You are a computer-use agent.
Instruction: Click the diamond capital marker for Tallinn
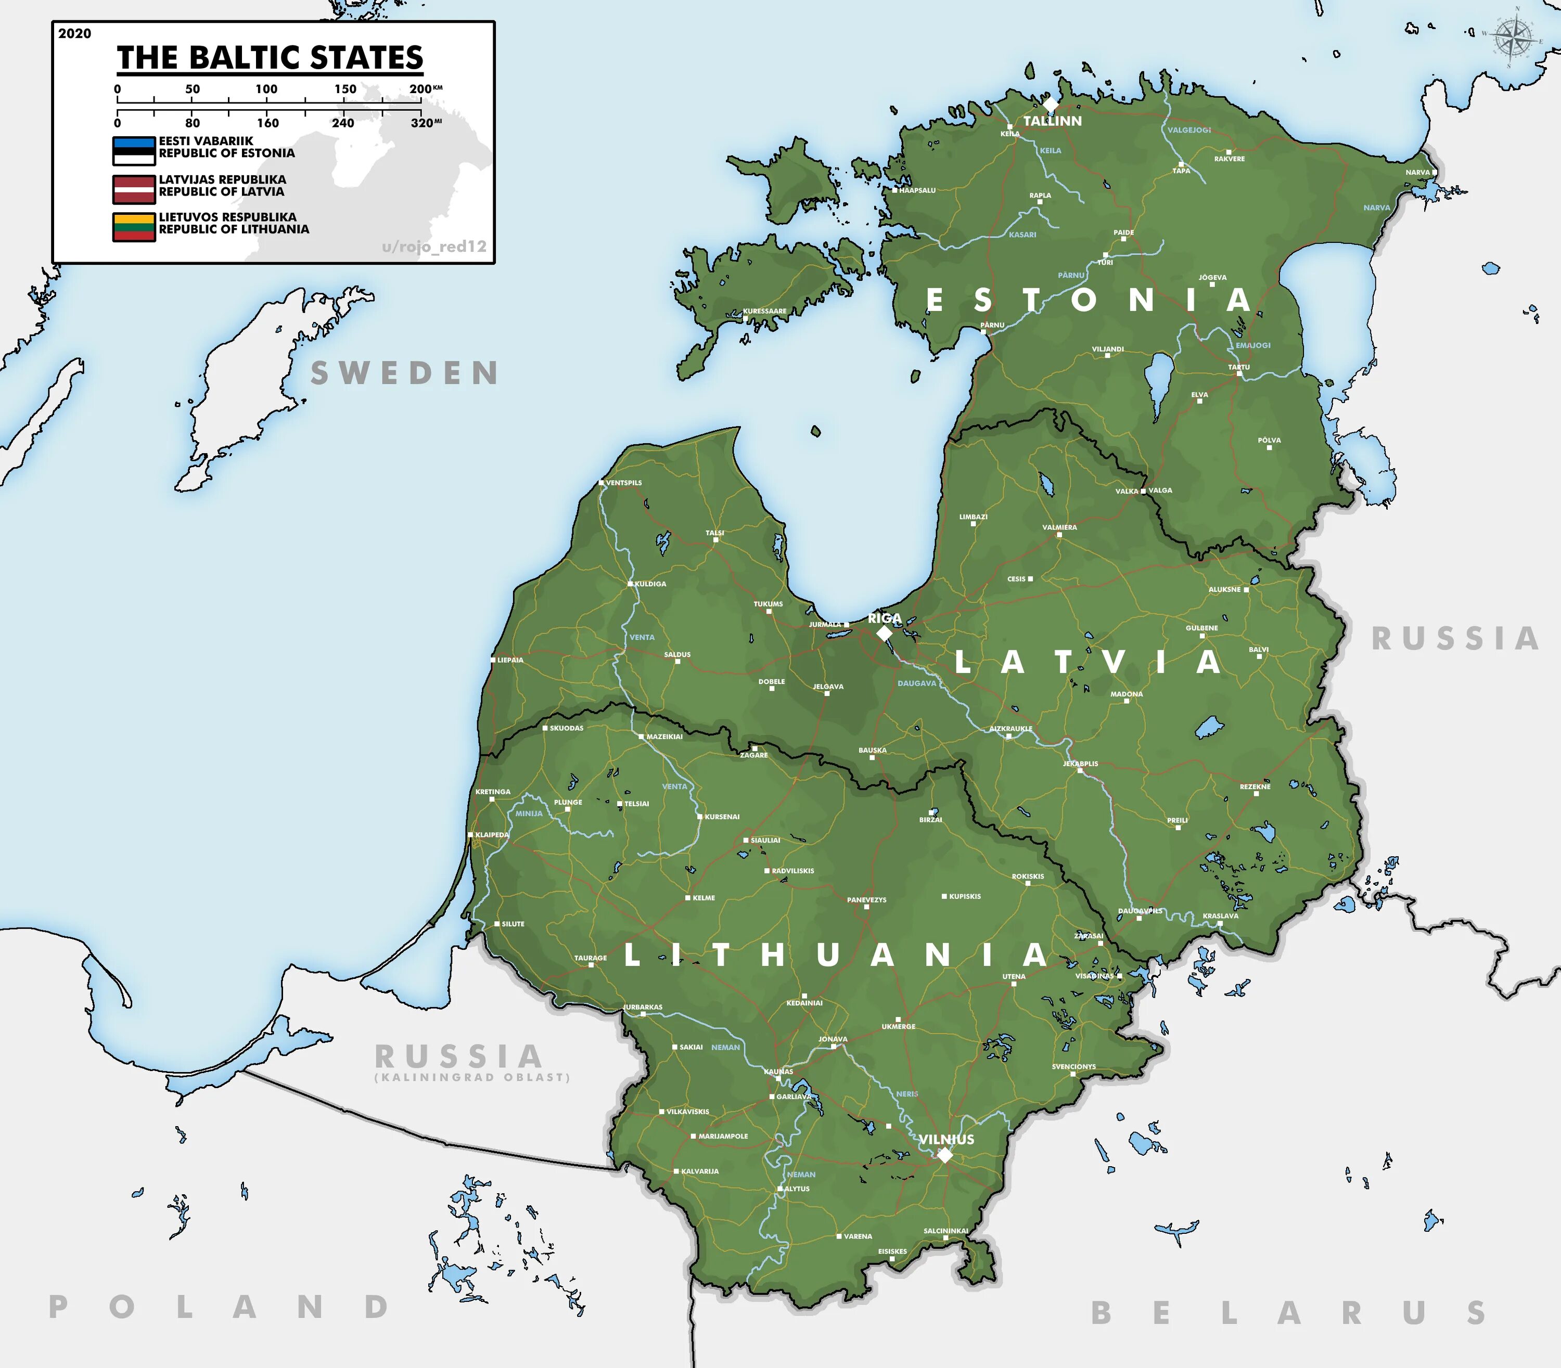click(1051, 104)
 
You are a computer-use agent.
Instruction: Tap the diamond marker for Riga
click(885, 633)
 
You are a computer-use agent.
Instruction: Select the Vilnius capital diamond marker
click(945, 1155)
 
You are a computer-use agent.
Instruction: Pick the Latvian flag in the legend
click(134, 189)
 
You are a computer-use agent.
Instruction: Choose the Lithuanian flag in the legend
click(134, 227)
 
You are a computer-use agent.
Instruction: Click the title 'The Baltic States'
click(270, 58)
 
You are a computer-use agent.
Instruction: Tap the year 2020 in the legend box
click(74, 34)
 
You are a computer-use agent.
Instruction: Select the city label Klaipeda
click(492, 834)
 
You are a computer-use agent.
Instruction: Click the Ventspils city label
click(623, 483)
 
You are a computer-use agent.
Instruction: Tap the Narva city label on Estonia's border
click(1417, 173)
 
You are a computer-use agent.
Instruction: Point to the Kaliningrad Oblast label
click(472, 1077)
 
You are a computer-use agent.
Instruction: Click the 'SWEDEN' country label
click(404, 373)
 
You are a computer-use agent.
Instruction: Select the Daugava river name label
click(916, 683)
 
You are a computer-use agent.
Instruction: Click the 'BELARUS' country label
click(1288, 1313)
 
